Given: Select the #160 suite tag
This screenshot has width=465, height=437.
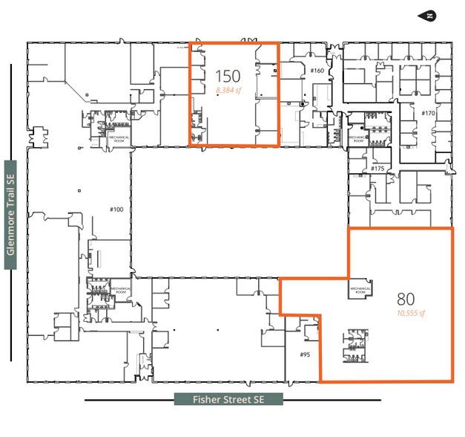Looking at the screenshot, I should click(317, 71).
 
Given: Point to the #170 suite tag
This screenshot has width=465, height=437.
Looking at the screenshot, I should click(427, 113).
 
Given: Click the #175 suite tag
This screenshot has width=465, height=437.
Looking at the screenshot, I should click(377, 169).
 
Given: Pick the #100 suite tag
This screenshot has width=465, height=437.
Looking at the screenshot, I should click(116, 209).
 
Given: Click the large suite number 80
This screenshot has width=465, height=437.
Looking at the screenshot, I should click(405, 300).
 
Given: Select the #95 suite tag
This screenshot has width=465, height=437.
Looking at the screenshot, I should click(304, 355).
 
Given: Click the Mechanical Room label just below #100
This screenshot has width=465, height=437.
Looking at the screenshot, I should click(120, 289).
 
